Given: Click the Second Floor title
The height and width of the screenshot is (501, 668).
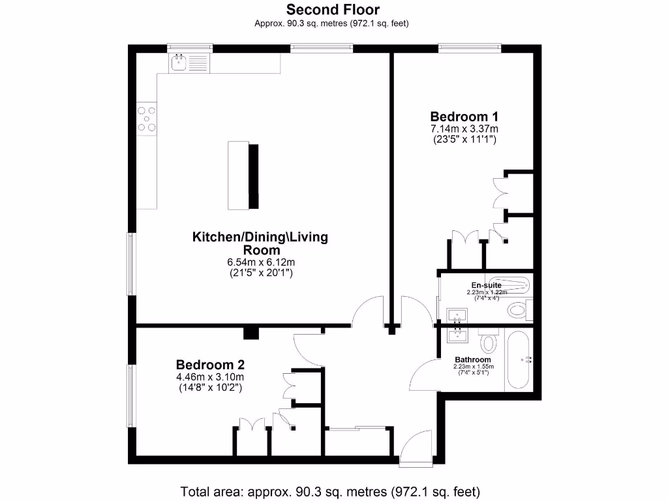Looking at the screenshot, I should pos(333,10).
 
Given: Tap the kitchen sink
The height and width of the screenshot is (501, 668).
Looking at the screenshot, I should pos(179,63).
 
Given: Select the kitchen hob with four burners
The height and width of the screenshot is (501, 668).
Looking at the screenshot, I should pos(147,120).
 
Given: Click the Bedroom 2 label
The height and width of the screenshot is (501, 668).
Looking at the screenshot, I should pos(210,364).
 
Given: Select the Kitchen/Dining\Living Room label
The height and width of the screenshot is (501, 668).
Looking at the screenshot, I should pos(260,243).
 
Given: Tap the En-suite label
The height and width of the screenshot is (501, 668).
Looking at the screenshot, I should pos(486,285).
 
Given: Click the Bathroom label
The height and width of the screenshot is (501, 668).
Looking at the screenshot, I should pos(473,359).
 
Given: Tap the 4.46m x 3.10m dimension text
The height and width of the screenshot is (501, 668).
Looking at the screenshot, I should pos(210,377).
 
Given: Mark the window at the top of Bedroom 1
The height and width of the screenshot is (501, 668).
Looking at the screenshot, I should pos(470,47).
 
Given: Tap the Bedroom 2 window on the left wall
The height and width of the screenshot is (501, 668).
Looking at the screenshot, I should pos(130,396).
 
